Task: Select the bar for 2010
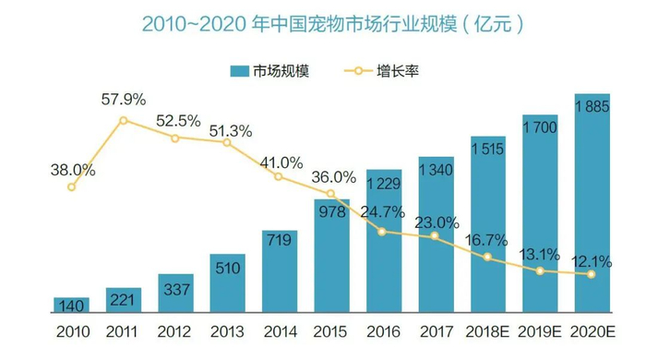click(x=70, y=306)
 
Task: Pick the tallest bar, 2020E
click(x=592, y=203)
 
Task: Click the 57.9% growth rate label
click(x=123, y=100)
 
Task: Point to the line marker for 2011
click(x=123, y=121)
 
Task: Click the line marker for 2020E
click(x=592, y=273)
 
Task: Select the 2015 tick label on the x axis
click(x=330, y=330)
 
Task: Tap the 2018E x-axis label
click(x=487, y=330)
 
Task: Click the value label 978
click(x=330, y=211)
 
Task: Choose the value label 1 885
click(x=592, y=107)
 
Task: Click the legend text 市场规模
click(x=282, y=70)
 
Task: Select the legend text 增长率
click(x=398, y=70)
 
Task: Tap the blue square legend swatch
click(x=239, y=71)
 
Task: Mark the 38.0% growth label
click(x=72, y=170)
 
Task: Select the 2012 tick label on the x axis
click(x=174, y=330)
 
